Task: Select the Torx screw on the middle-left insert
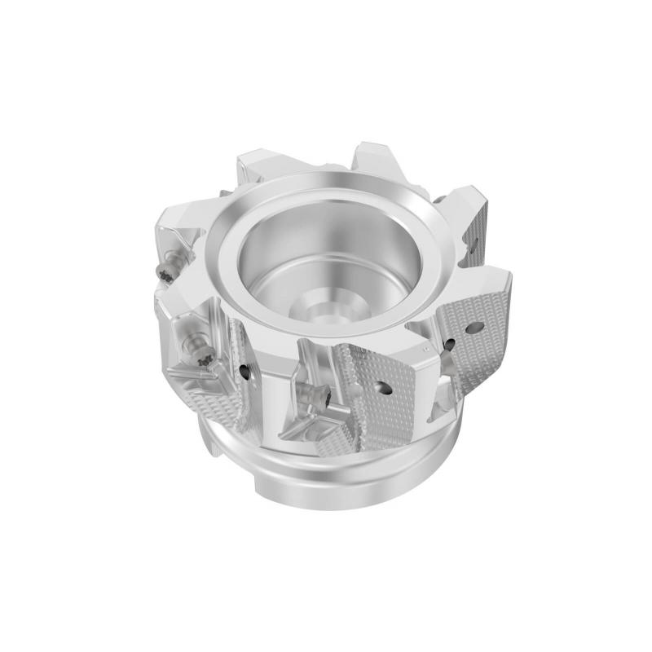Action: (203, 356)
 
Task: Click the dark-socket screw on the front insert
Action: (323, 399)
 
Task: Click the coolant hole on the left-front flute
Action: (245, 372)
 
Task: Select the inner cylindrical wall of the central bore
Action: (277, 253)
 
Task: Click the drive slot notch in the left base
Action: (214, 444)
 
